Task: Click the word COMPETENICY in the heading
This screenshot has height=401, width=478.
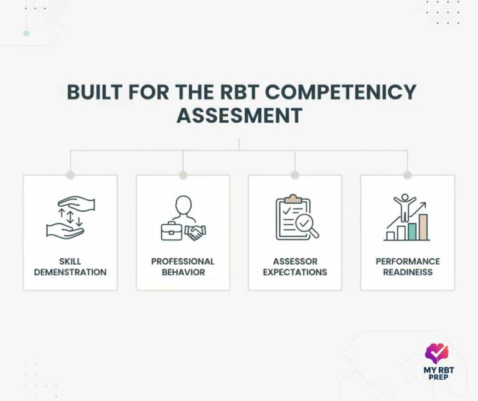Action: tap(349, 92)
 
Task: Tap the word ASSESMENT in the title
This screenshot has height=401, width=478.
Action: tap(239, 115)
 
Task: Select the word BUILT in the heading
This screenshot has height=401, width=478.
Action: tap(94, 92)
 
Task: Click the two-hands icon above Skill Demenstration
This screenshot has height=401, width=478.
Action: tap(70, 217)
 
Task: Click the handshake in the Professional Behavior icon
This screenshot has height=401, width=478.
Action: tap(195, 232)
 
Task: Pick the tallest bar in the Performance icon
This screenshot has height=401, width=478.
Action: tap(423, 227)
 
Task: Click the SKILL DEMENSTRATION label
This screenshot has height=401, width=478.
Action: tap(70, 267)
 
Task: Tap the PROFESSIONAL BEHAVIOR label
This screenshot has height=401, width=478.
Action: tap(182, 267)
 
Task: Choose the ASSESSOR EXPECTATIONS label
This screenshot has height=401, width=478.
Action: tap(295, 267)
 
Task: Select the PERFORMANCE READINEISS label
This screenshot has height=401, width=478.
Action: tap(408, 267)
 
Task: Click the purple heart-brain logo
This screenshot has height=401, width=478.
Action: tap(437, 354)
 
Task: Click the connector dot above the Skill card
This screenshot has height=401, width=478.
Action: tap(70, 175)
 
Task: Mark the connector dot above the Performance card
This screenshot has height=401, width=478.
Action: tap(407, 175)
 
